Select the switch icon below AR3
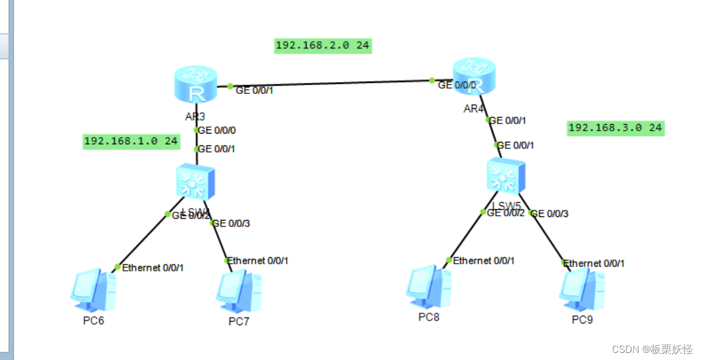click(195, 181)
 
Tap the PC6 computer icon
click(92, 290)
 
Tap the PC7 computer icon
click(238, 291)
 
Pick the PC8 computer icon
click(428, 288)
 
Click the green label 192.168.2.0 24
click(323, 46)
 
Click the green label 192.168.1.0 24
click(131, 141)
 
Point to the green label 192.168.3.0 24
click(615, 128)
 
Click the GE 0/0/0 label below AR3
click(218, 130)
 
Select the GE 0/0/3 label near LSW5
click(550, 213)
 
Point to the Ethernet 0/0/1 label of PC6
click(153, 268)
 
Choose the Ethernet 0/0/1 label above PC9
click(594, 263)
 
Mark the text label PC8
click(429, 317)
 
